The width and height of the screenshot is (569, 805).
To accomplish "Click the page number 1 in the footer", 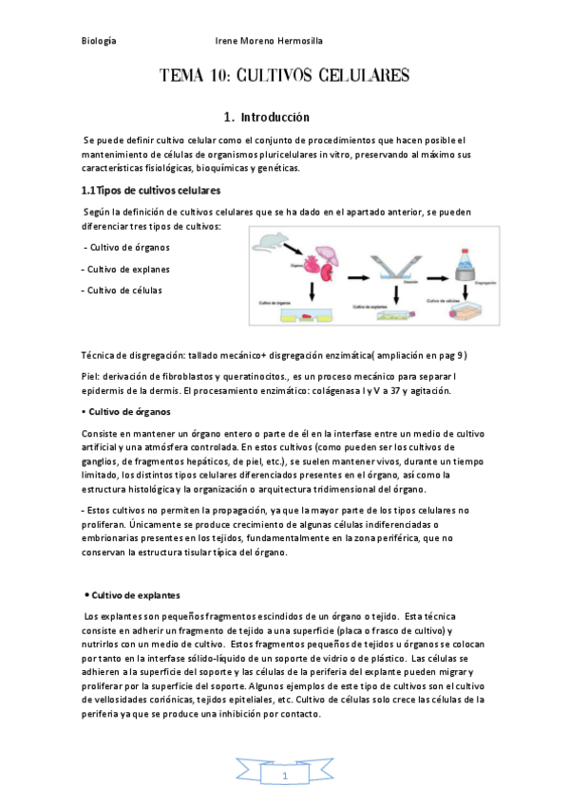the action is [x=285, y=777].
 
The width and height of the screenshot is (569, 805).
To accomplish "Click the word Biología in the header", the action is [x=99, y=41].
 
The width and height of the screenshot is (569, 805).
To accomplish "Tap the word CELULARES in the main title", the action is [x=363, y=75].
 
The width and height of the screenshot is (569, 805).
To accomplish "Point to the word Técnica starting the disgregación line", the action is [x=102, y=356].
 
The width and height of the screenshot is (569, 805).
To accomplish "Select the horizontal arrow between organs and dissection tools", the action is [x=354, y=278].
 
